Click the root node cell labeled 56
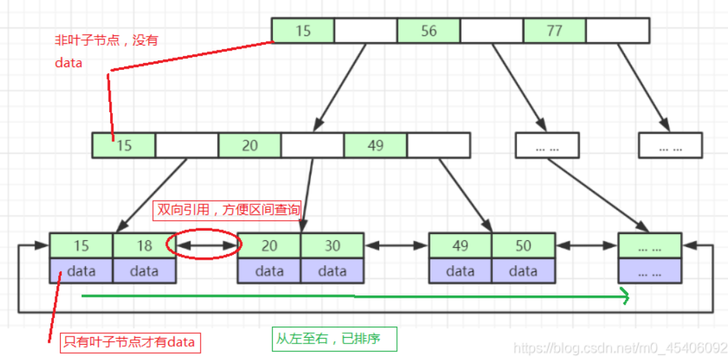428,31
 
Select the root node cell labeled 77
554,31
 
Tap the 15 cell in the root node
303,31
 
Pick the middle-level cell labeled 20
250,145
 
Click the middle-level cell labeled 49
375,145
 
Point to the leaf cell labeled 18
144,246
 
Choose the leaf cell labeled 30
332,246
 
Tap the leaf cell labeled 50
523,246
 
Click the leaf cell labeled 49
460,246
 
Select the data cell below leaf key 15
81,271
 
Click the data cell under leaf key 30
332,271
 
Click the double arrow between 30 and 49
397,245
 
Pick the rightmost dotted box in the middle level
670,145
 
